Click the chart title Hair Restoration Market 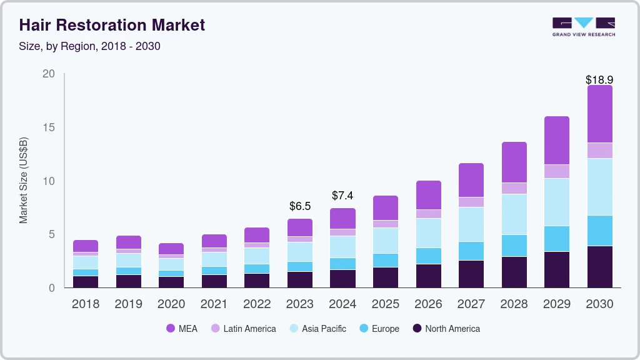pos(112,25)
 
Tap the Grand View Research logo pos(583,26)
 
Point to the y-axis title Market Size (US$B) pos(24,180)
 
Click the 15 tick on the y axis pos(48,127)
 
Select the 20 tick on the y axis pos(48,74)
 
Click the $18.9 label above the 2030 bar pos(599,80)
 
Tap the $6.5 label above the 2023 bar pos(300,206)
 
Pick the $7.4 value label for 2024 pos(342,196)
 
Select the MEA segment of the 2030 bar pos(599,114)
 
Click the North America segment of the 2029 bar pos(557,269)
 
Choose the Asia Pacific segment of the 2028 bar pos(514,214)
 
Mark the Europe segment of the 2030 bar pos(599,231)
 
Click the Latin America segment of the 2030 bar pos(599,151)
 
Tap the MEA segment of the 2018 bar pos(86,246)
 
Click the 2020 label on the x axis pos(171,304)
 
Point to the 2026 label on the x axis pos(428,304)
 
